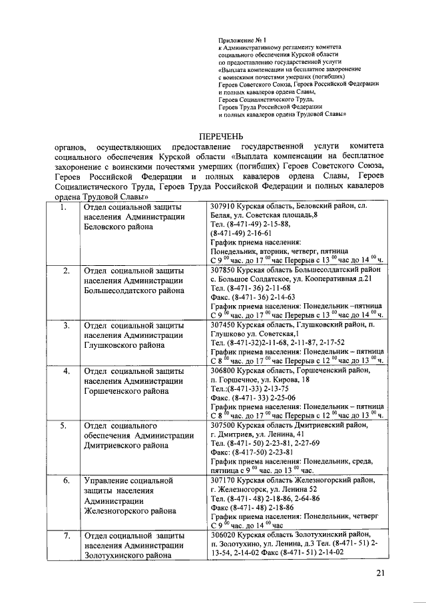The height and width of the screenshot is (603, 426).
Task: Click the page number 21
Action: [x=381, y=572]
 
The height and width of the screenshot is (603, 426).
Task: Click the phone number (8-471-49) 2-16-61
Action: [x=240, y=234]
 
